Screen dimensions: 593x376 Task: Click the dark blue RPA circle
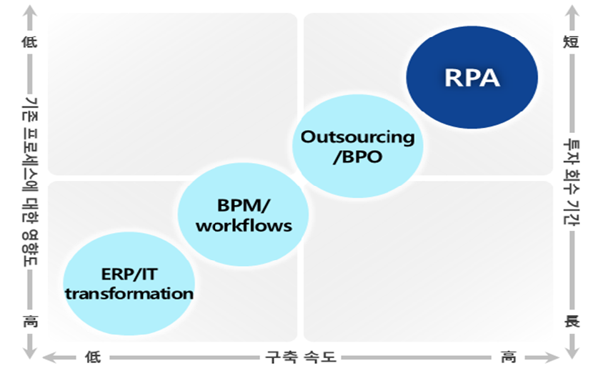472,77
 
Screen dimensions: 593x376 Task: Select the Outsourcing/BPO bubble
358,146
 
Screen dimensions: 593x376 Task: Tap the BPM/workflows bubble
243,214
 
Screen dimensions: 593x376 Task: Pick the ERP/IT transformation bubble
129,283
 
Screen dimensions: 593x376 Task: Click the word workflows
244,226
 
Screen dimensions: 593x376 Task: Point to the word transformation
129,294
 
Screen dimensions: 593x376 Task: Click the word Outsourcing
358,138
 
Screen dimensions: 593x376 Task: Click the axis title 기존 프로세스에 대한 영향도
30,182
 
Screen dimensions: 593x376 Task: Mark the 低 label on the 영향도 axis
29,41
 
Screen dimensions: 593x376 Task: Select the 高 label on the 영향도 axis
30,321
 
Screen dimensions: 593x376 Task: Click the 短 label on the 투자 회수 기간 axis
571,41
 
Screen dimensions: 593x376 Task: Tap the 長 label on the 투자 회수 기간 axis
572,321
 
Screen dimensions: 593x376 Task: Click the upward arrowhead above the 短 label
572,12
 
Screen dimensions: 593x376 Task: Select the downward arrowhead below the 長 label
572,350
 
